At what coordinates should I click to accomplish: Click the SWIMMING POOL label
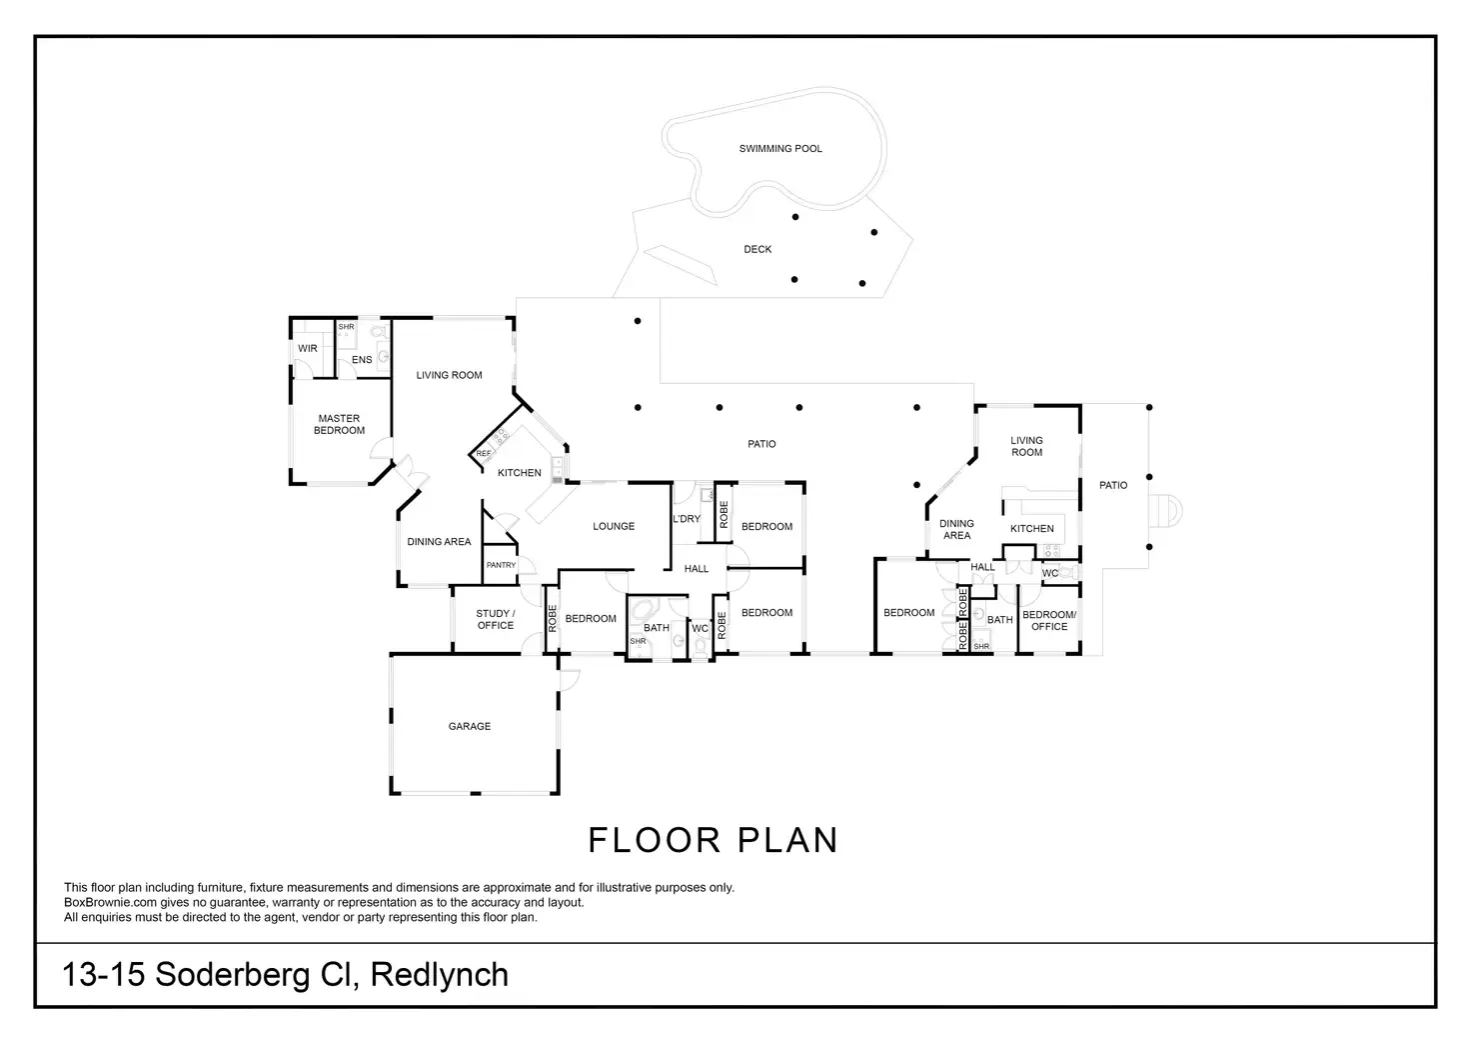[x=780, y=149]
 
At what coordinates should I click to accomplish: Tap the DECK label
[x=757, y=250]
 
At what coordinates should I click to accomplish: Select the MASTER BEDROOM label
[x=339, y=425]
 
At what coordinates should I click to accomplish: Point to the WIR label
[x=308, y=349]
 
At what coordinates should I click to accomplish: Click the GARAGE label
[x=469, y=727]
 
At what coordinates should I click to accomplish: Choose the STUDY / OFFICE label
[x=496, y=620]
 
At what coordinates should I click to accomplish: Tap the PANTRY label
[x=501, y=566]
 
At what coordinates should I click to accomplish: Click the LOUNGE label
[x=614, y=527]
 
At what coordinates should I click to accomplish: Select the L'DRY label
[x=687, y=520]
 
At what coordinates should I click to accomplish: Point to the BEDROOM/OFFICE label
[x=1049, y=621]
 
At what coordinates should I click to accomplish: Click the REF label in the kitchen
[x=484, y=454]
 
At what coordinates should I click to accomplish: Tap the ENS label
[x=362, y=360]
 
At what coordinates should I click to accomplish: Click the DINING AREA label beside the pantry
[x=439, y=542]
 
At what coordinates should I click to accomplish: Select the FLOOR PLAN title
[x=713, y=841]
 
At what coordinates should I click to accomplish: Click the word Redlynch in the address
[x=439, y=975]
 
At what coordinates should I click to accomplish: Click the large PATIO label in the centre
[x=761, y=444]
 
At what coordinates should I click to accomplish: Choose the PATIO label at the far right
[x=1113, y=486]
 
